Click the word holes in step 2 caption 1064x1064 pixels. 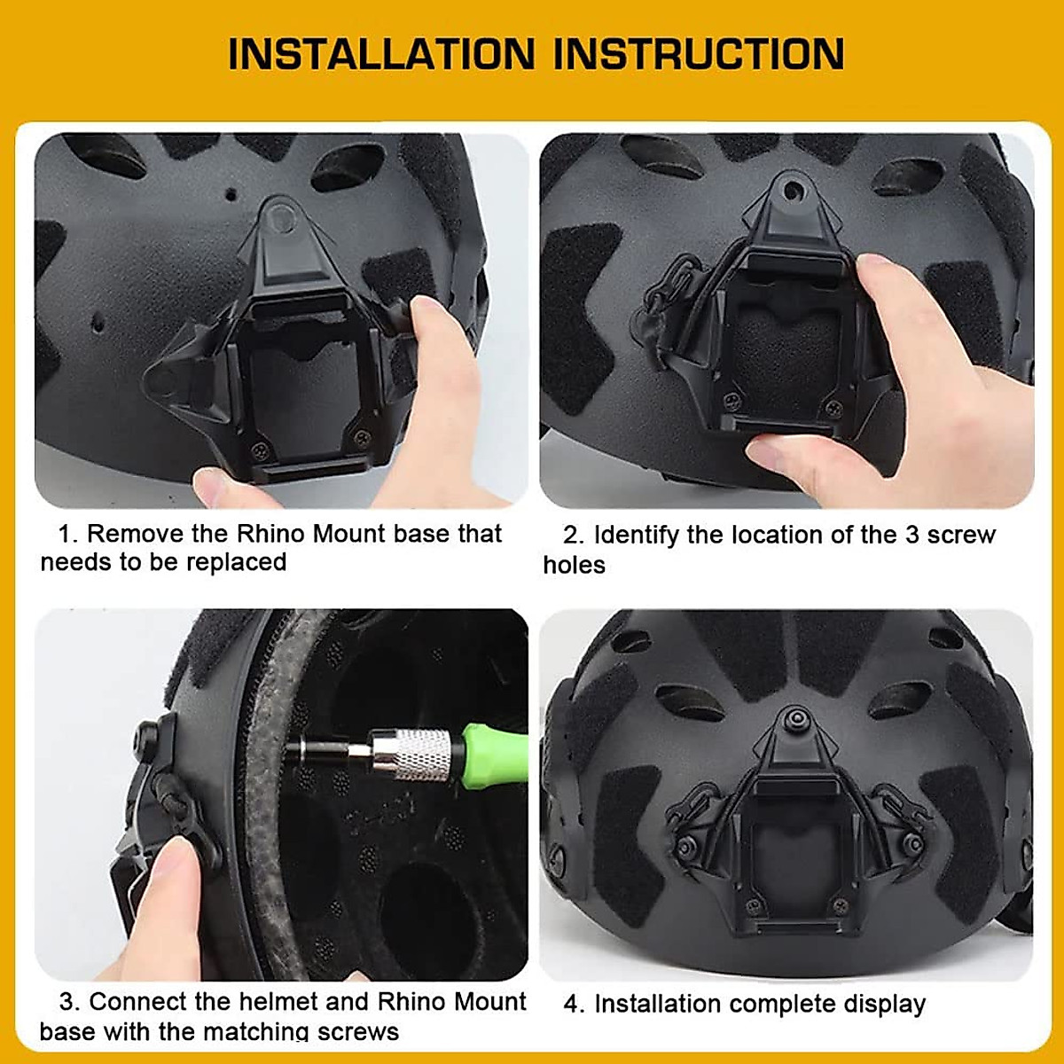coord(574,565)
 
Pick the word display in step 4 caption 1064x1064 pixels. coord(884,1004)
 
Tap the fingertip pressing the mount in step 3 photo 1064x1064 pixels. coord(168,869)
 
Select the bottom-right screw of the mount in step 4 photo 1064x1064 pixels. coord(837,905)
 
